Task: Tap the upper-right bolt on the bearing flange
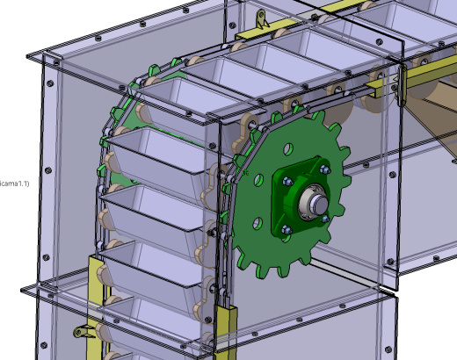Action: (324, 169)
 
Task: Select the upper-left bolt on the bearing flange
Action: (287, 182)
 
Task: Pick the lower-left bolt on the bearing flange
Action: (287, 230)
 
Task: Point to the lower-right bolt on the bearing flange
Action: (325, 219)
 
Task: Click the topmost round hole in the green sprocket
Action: (288, 149)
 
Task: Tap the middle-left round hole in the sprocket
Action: (258, 180)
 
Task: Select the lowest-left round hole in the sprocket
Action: (258, 224)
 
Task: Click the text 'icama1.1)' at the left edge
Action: (14, 184)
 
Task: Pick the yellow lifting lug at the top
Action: (261, 19)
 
